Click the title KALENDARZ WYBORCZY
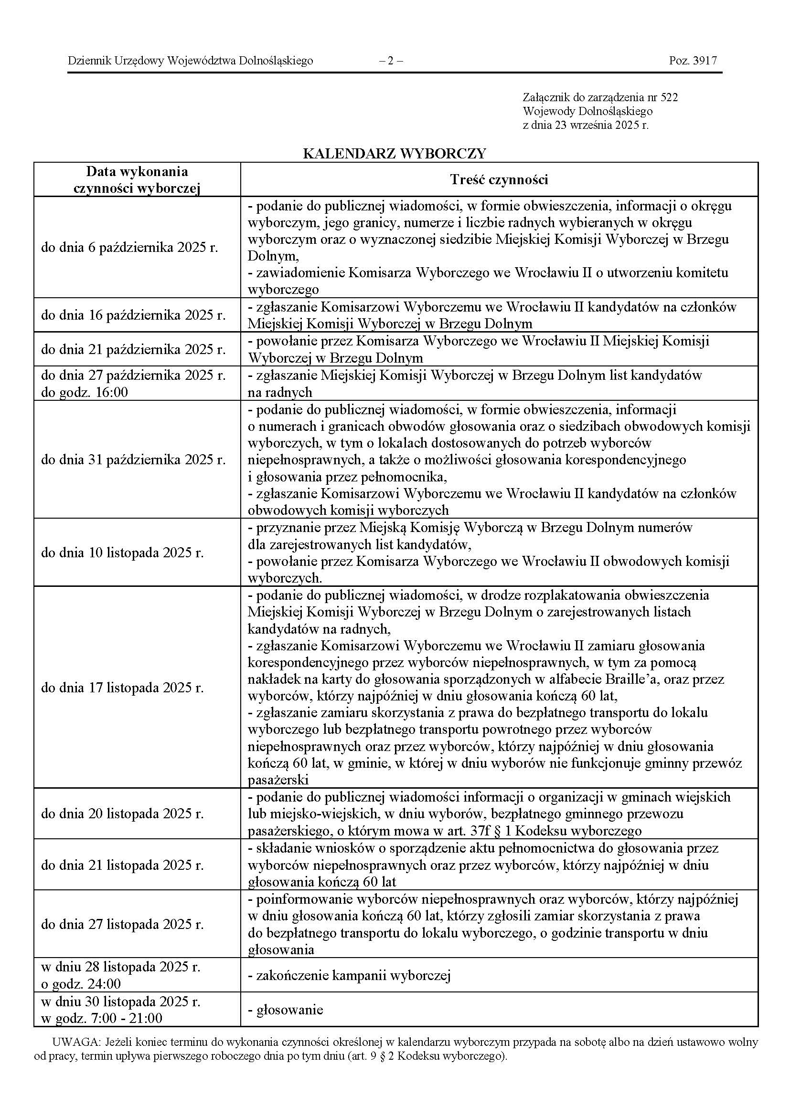(394, 154)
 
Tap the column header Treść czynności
(499, 180)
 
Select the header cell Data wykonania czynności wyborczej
(137, 180)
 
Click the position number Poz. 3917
(693, 61)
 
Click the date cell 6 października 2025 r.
(129, 248)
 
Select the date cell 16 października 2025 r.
(133, 315)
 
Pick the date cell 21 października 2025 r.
(133, 349)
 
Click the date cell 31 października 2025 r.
(133, 459)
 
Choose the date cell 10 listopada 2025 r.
(122, 553)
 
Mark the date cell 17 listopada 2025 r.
(122, 688)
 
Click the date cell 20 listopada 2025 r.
(122, 813)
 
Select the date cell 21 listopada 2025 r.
(122, 865)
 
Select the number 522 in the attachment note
(669, 97)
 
